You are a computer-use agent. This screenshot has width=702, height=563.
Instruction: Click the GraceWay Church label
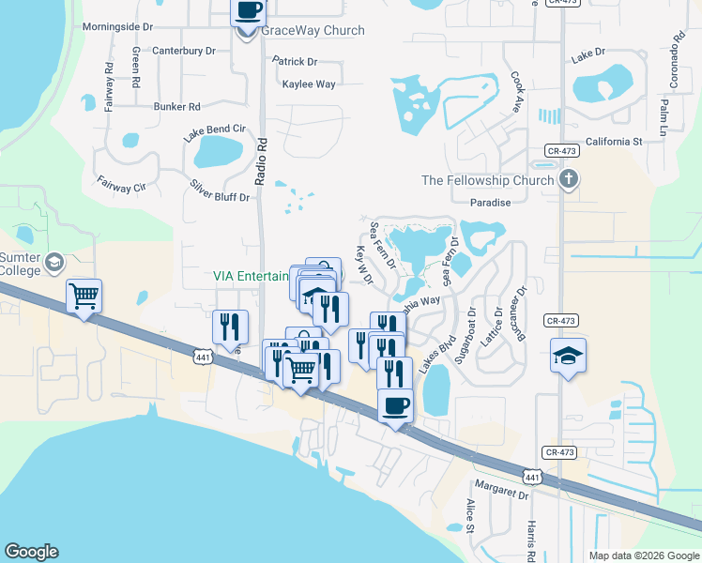click(313, 30)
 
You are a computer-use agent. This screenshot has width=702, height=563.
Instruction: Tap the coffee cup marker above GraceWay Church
click(248, 11)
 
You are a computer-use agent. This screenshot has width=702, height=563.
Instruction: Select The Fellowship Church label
click(487, 180)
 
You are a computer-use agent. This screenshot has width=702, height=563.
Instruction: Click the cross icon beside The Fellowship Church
click(569, 178)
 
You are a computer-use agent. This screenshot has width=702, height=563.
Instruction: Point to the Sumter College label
click(20, 264)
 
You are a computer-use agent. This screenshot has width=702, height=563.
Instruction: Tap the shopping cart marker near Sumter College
click(84, 297)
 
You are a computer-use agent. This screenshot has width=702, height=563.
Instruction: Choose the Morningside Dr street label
click(117, 27)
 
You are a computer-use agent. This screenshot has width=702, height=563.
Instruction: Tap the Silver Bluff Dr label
click(221, 190)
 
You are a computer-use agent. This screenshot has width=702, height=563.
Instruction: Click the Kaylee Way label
click(309, 84)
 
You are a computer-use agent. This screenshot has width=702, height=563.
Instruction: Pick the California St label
click(613, 142)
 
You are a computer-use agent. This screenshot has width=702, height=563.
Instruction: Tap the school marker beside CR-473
click(568, 356)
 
